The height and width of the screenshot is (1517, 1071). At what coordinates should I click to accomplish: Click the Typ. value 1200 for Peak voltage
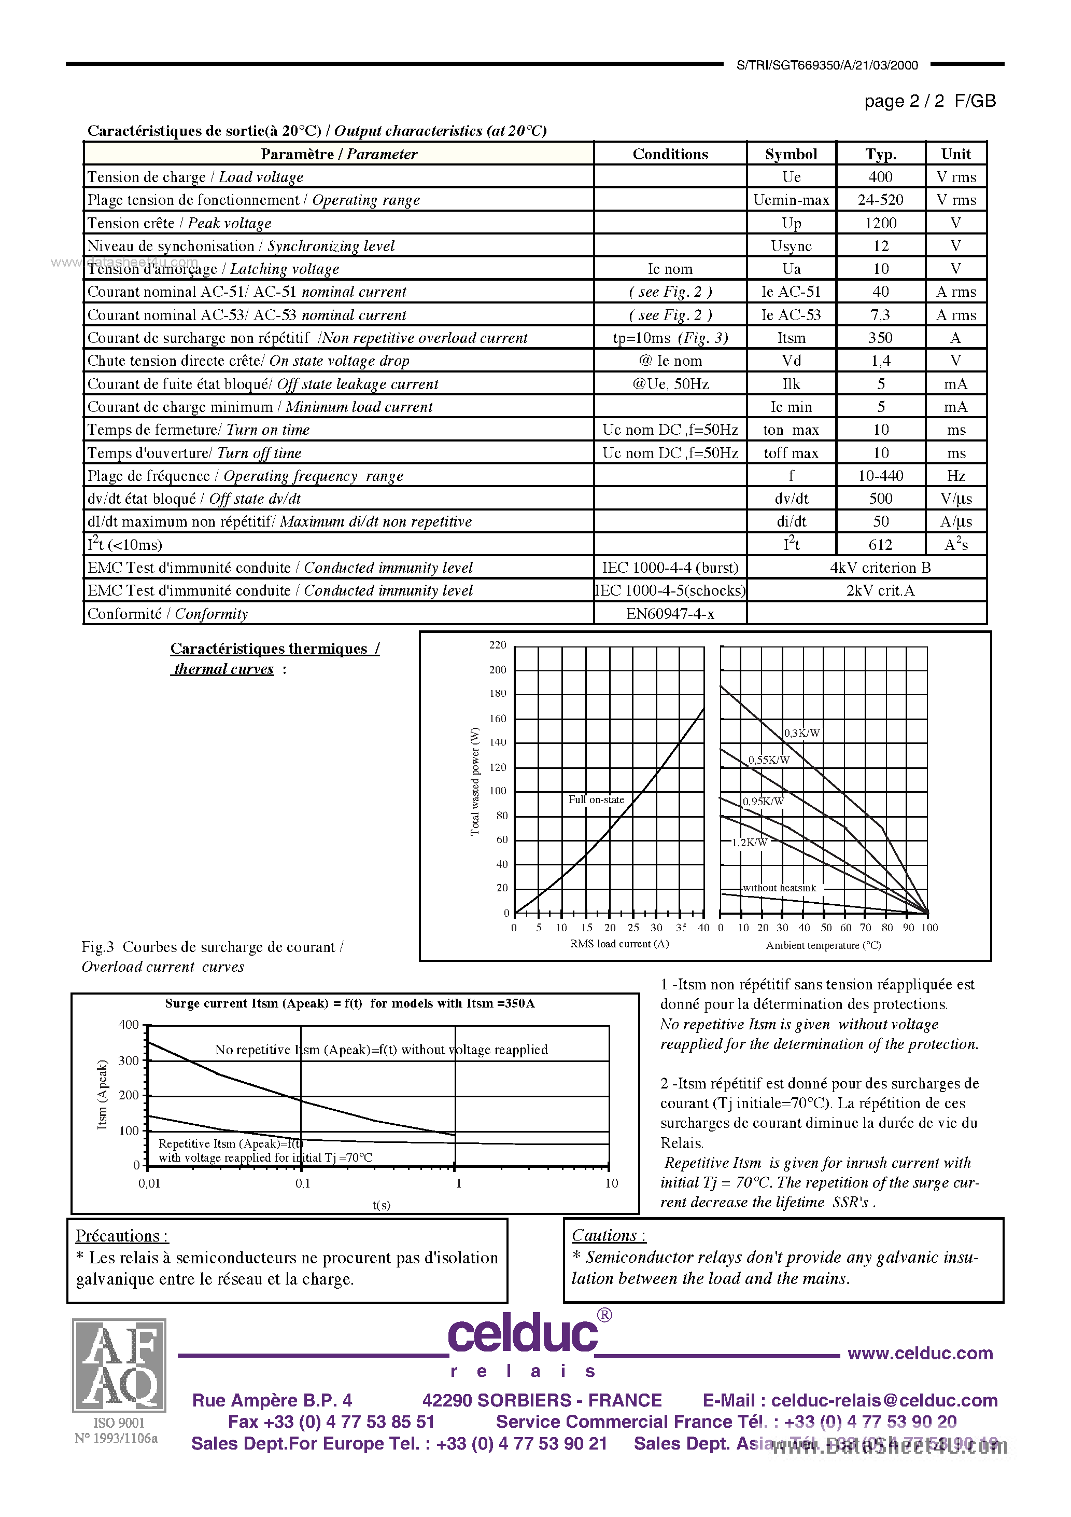(x=880, y=223)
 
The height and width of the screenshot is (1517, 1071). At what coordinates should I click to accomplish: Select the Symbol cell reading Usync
(x=791, y=246)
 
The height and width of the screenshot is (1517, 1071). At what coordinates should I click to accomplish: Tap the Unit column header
(x=955, y=154)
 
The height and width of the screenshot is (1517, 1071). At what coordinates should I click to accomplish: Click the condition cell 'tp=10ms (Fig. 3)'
(x=670, y=338)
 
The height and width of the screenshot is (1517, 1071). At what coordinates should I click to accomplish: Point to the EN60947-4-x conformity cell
(x=670, y=614)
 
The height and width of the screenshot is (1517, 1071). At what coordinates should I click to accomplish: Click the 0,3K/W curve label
(x=801, y=733)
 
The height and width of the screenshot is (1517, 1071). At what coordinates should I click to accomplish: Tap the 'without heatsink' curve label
(x=779, y=888)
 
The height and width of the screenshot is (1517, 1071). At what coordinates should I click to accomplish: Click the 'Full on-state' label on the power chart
(x=596, y=800)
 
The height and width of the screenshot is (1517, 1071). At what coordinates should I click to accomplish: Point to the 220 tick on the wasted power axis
(x=497, y=645)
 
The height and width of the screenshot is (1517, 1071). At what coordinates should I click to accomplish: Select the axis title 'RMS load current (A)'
(x=619, y=944)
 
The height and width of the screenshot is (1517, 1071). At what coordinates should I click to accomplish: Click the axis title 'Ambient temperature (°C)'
(x=823, y=945)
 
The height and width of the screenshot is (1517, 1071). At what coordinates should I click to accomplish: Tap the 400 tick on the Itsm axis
(x=128, y=1025)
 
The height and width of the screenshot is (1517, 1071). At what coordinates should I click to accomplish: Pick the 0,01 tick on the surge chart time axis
(x=149, y=1183)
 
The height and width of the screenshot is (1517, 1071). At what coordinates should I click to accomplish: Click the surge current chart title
(x=349, y=1003)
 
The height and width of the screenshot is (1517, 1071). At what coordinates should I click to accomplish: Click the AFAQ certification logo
(x=119, y=1365)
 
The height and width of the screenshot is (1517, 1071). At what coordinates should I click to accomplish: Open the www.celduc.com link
(x=920, y=1353)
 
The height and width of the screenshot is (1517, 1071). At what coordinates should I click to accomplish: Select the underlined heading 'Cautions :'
(x=608, y=1235)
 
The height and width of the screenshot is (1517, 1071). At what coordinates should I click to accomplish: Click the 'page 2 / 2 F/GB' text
(x=929, y=101)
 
